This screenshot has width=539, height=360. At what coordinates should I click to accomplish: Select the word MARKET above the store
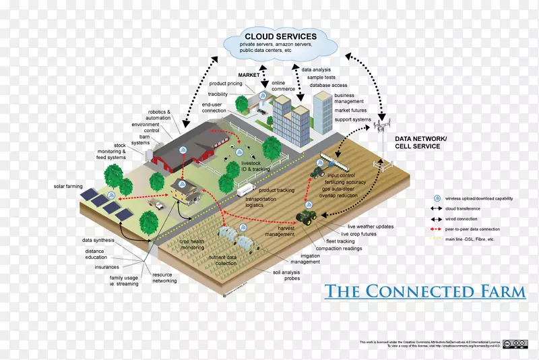point(249,75)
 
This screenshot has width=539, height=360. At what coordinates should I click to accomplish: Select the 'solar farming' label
point(68,185)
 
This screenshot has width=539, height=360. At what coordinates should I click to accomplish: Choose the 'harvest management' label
point(280,231)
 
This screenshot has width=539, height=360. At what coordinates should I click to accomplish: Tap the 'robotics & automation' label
point(160,115)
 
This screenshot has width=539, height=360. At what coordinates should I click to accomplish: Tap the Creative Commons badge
point(515,344)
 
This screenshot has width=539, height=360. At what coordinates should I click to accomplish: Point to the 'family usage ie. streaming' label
point(125,281)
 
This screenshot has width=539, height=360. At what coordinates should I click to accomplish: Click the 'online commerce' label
point(283,86)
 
